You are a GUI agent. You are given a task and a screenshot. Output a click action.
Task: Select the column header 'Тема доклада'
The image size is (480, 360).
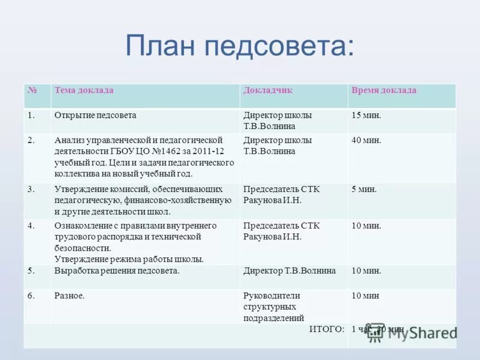(x=83, y=91)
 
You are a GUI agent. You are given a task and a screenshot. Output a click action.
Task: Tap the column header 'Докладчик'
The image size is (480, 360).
(x=268, y=91)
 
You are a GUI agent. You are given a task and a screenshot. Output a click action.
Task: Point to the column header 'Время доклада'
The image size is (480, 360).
(x=383, y=91)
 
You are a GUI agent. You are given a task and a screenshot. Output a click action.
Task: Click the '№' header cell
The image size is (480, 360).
(x=32, y=91)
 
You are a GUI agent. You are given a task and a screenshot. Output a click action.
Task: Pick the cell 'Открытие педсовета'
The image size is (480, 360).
(x=95, y=115)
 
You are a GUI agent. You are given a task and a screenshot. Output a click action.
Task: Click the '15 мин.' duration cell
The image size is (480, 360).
(x=366, y=115)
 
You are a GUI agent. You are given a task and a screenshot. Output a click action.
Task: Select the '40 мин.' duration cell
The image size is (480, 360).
(x=366, y=140)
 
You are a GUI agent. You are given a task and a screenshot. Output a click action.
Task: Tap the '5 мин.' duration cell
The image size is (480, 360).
(x=364, y=190)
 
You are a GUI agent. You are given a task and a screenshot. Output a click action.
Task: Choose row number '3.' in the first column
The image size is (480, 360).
(x=31, y=190)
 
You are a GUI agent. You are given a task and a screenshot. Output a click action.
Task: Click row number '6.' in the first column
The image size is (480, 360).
(x=31, y=296)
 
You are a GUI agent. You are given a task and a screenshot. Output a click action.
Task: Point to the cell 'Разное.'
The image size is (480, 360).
(x=69, y=296)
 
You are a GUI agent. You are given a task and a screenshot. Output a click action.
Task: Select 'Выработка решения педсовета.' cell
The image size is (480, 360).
(x=117, y=271)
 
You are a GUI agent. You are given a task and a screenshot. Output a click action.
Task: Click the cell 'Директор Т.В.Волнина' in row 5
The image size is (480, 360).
(x=289, y=271)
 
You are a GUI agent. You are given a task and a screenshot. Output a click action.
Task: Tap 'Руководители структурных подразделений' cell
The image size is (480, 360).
(x=274, y=307)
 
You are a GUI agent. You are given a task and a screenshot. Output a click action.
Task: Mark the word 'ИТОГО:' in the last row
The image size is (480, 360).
(x=326, y=329)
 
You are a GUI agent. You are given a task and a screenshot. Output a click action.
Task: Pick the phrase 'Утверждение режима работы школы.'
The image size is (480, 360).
(x=129, y=259)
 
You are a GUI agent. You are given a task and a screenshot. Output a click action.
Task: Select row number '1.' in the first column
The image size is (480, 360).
(x=31, y=115)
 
